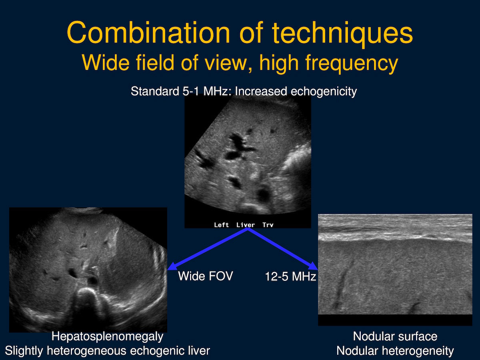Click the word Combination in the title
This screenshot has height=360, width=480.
(148, 33)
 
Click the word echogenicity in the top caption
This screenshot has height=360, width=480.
(324, 91)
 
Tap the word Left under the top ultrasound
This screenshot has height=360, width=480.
(221, 225)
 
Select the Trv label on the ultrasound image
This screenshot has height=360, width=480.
(268, 225)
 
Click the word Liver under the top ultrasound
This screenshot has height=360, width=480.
(246, 225)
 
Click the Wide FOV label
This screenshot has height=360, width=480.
(206, 276)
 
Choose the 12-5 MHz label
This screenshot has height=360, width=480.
(290, 276)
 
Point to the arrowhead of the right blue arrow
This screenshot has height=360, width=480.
(313, 266)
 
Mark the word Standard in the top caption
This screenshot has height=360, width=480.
(155, 91)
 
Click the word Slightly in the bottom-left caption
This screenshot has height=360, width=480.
(24, 351)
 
